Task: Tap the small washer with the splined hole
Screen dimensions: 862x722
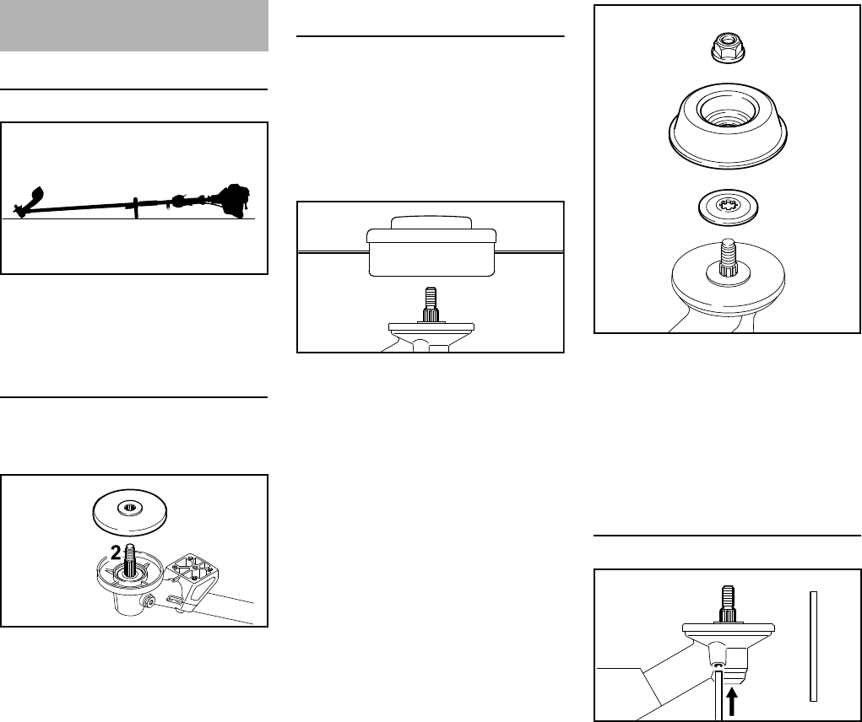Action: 727,206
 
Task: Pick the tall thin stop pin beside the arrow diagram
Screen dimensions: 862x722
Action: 813,645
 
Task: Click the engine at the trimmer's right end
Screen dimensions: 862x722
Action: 233,201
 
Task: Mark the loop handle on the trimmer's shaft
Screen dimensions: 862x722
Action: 134,207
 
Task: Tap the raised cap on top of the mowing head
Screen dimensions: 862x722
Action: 431,222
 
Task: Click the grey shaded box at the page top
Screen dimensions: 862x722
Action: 134,25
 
